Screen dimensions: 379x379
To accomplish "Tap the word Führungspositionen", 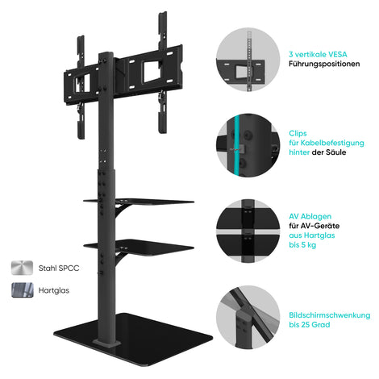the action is click(x=324, y=64).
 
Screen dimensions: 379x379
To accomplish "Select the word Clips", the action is click(x=298, y=134).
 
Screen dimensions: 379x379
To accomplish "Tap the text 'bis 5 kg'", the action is click(x=302, y=245).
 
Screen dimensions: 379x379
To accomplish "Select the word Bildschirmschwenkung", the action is click(x=330, y=315).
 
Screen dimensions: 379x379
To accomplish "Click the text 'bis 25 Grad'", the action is click(x=310, y=324).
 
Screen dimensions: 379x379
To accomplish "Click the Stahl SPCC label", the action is click(x=59, y=269).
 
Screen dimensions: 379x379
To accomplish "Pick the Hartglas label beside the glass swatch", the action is click(x=54, y=290).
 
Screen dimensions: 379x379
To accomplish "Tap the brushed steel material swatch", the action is click(x=23, y=268).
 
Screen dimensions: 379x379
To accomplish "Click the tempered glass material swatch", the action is click(x=23, y=290).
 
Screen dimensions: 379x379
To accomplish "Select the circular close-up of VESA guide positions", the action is click(x=248, y=60).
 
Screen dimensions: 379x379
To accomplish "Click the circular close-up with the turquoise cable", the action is click(x=248, y=145).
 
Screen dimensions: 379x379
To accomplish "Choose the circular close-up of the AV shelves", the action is click(x=248, y=231).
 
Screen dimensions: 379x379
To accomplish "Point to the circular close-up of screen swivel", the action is click(x=248, y=317).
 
